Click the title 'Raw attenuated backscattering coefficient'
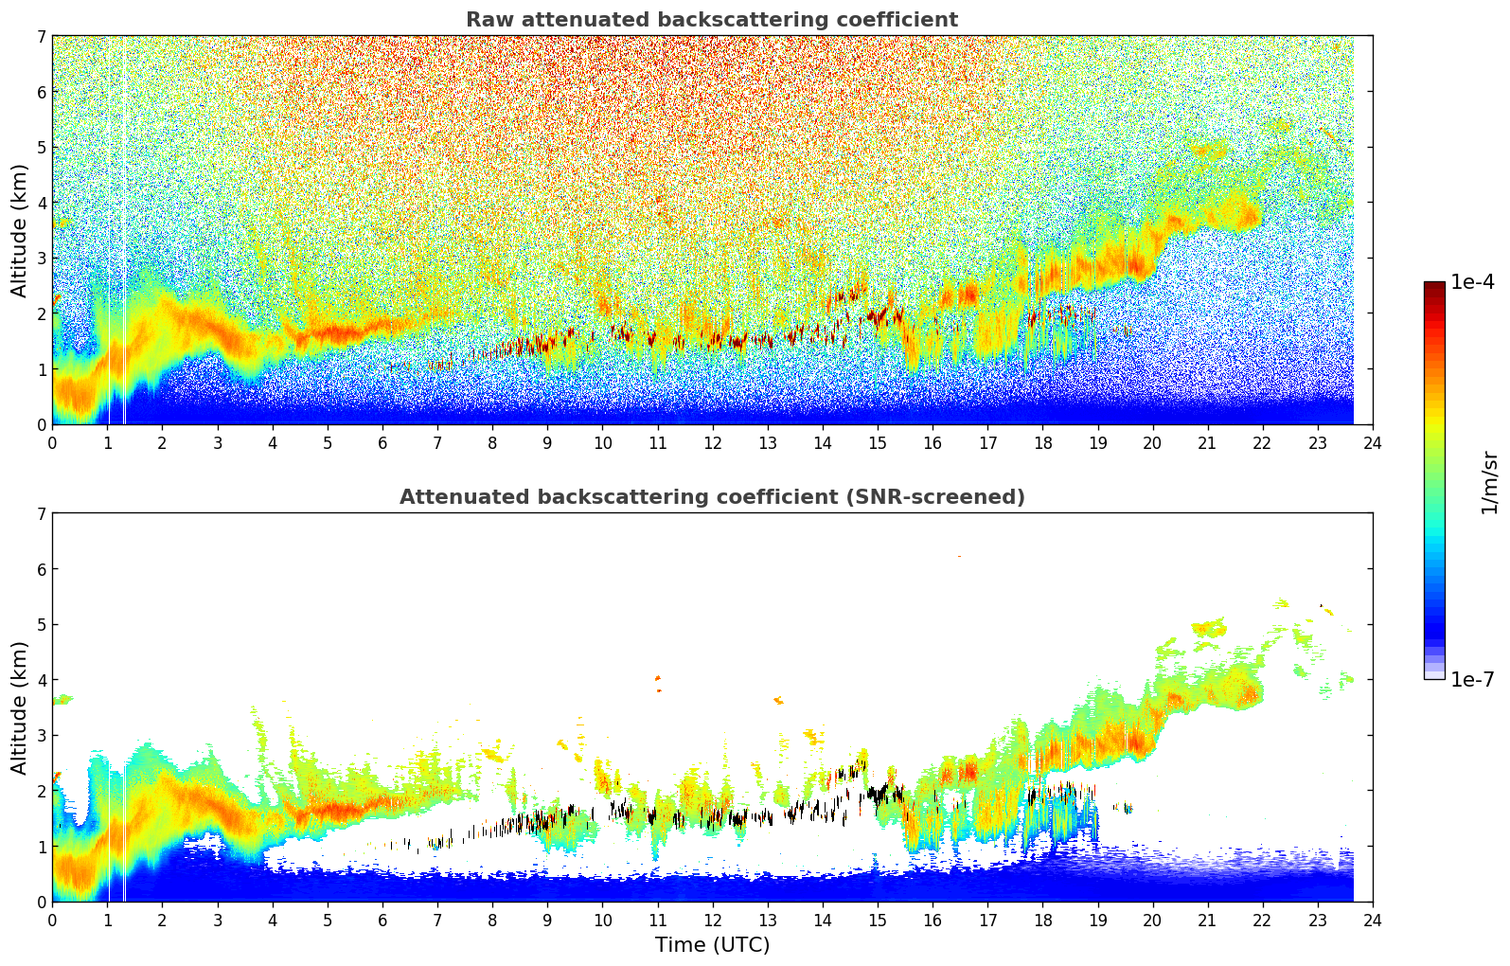click(712, 20)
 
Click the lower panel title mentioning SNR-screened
click(712, 497)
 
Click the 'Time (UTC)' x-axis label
click(712, 945)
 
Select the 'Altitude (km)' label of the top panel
click(19, 230)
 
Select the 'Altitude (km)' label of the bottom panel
click(19, 707)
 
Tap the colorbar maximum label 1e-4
click(1472, 282)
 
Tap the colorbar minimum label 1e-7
click(1472, 680)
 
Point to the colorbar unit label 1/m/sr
click(1489, 482)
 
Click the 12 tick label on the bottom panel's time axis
click(712, 921)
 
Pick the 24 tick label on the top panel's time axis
click(1373, 443)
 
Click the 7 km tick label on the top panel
click(41, 37)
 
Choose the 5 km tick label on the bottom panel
click(41, 625)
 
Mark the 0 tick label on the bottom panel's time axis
click(52, 921)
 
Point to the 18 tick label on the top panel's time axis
click(1042, 443)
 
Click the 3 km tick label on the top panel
click(41, 259)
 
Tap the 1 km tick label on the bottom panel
click(41, 847)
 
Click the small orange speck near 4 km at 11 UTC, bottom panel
click(658, 678)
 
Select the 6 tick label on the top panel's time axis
click(382, 443)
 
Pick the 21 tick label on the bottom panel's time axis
click(1207, 921)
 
